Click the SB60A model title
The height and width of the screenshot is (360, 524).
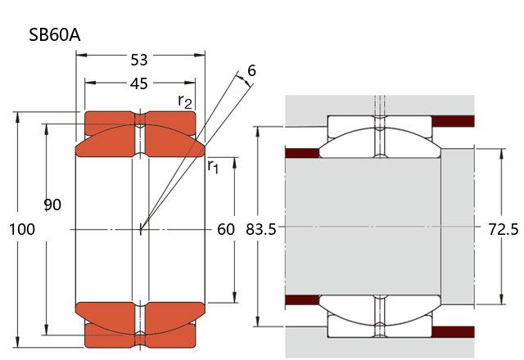(55, 34)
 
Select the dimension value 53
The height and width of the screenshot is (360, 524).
(139, 60)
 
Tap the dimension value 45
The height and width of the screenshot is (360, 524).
(139, 83)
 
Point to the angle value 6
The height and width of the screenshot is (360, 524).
(251, 71)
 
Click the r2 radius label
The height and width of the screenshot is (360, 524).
(185, 101)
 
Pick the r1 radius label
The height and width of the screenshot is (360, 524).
(213, 165)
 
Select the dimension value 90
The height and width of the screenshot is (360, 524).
(52, 205)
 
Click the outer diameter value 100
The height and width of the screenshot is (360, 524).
(22, 229)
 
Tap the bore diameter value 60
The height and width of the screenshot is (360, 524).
(226, 229)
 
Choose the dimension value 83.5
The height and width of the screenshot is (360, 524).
(261, 230)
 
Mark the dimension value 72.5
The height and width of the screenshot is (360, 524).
(504, 229)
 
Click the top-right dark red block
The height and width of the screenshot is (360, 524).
(453, 121)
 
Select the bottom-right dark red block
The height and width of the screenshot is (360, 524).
(453, 332)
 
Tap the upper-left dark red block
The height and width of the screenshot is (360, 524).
(302, 153)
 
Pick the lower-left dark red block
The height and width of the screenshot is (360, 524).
(302, 299)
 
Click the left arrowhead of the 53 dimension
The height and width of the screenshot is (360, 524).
(82, 55)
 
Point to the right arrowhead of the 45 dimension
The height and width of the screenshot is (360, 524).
(190, 83)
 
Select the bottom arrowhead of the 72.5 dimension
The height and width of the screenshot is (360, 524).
(501, 299)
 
